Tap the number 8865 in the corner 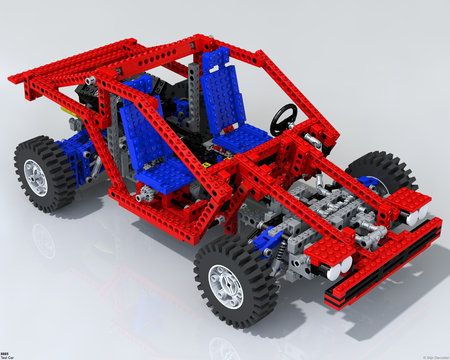click(4, 354)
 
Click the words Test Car click(7, 358)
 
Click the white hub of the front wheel click(226, 287)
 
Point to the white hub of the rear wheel click(36, 178)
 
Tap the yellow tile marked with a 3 click(206, 165)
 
